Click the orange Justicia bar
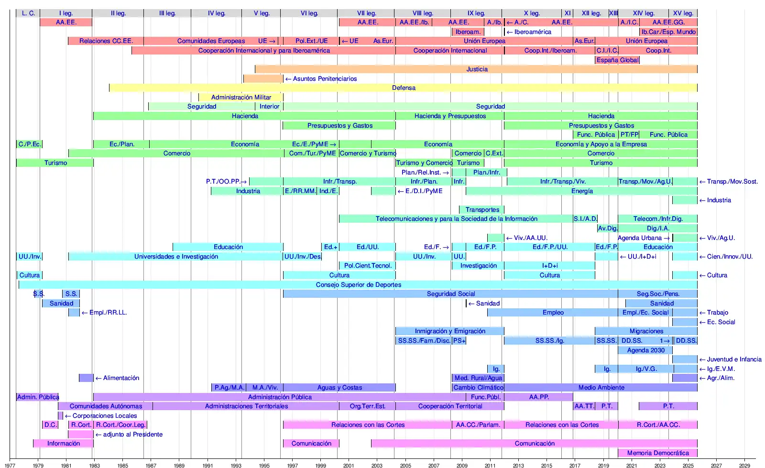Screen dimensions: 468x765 476,69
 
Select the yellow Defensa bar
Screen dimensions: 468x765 403,88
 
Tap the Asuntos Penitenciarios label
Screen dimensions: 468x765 325,79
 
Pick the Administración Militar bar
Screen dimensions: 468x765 241,98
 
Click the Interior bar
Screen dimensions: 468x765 269,107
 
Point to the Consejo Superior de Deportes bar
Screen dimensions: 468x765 358,285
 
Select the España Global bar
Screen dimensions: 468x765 617,60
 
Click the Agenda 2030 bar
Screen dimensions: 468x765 645,350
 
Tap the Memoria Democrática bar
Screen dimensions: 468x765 658,453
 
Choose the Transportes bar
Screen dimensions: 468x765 482,210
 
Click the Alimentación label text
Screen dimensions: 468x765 121,378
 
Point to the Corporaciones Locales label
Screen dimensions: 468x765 104,416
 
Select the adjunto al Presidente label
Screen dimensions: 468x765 132,435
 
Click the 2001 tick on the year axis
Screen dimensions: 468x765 349,465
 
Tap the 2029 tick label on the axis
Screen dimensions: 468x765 744,465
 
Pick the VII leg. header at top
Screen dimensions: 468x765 366,13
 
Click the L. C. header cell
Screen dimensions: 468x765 28,13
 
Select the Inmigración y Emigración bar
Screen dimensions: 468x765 449,331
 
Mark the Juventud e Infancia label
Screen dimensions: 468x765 734,359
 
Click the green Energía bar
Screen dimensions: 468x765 581,191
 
